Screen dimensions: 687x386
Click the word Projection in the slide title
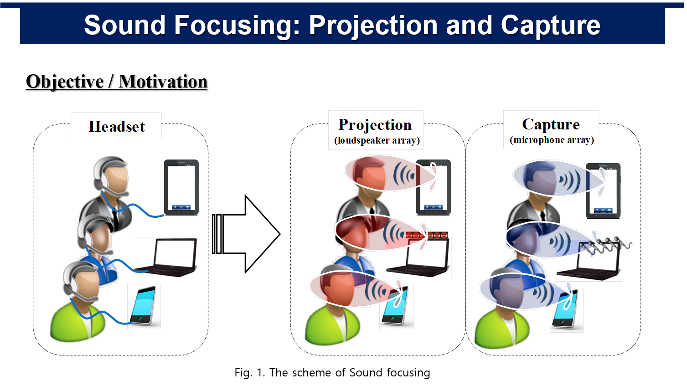click(373, 26)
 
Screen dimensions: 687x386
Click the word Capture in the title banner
click(551, 26)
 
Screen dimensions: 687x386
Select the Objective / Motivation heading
click(117, 82)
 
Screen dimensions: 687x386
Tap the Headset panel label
click(117, 126)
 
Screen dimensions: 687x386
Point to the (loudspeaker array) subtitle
click(377, 140)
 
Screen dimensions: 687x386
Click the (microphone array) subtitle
click(552, 140)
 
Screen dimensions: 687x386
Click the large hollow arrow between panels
click(246, 234)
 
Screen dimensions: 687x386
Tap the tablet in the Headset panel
click(181, 187)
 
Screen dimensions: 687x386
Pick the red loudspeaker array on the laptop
click(427, 235)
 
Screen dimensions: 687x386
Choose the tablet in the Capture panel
click(603, 190)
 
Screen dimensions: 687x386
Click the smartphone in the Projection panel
click(396, 305)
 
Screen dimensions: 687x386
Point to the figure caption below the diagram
click(332, 372)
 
